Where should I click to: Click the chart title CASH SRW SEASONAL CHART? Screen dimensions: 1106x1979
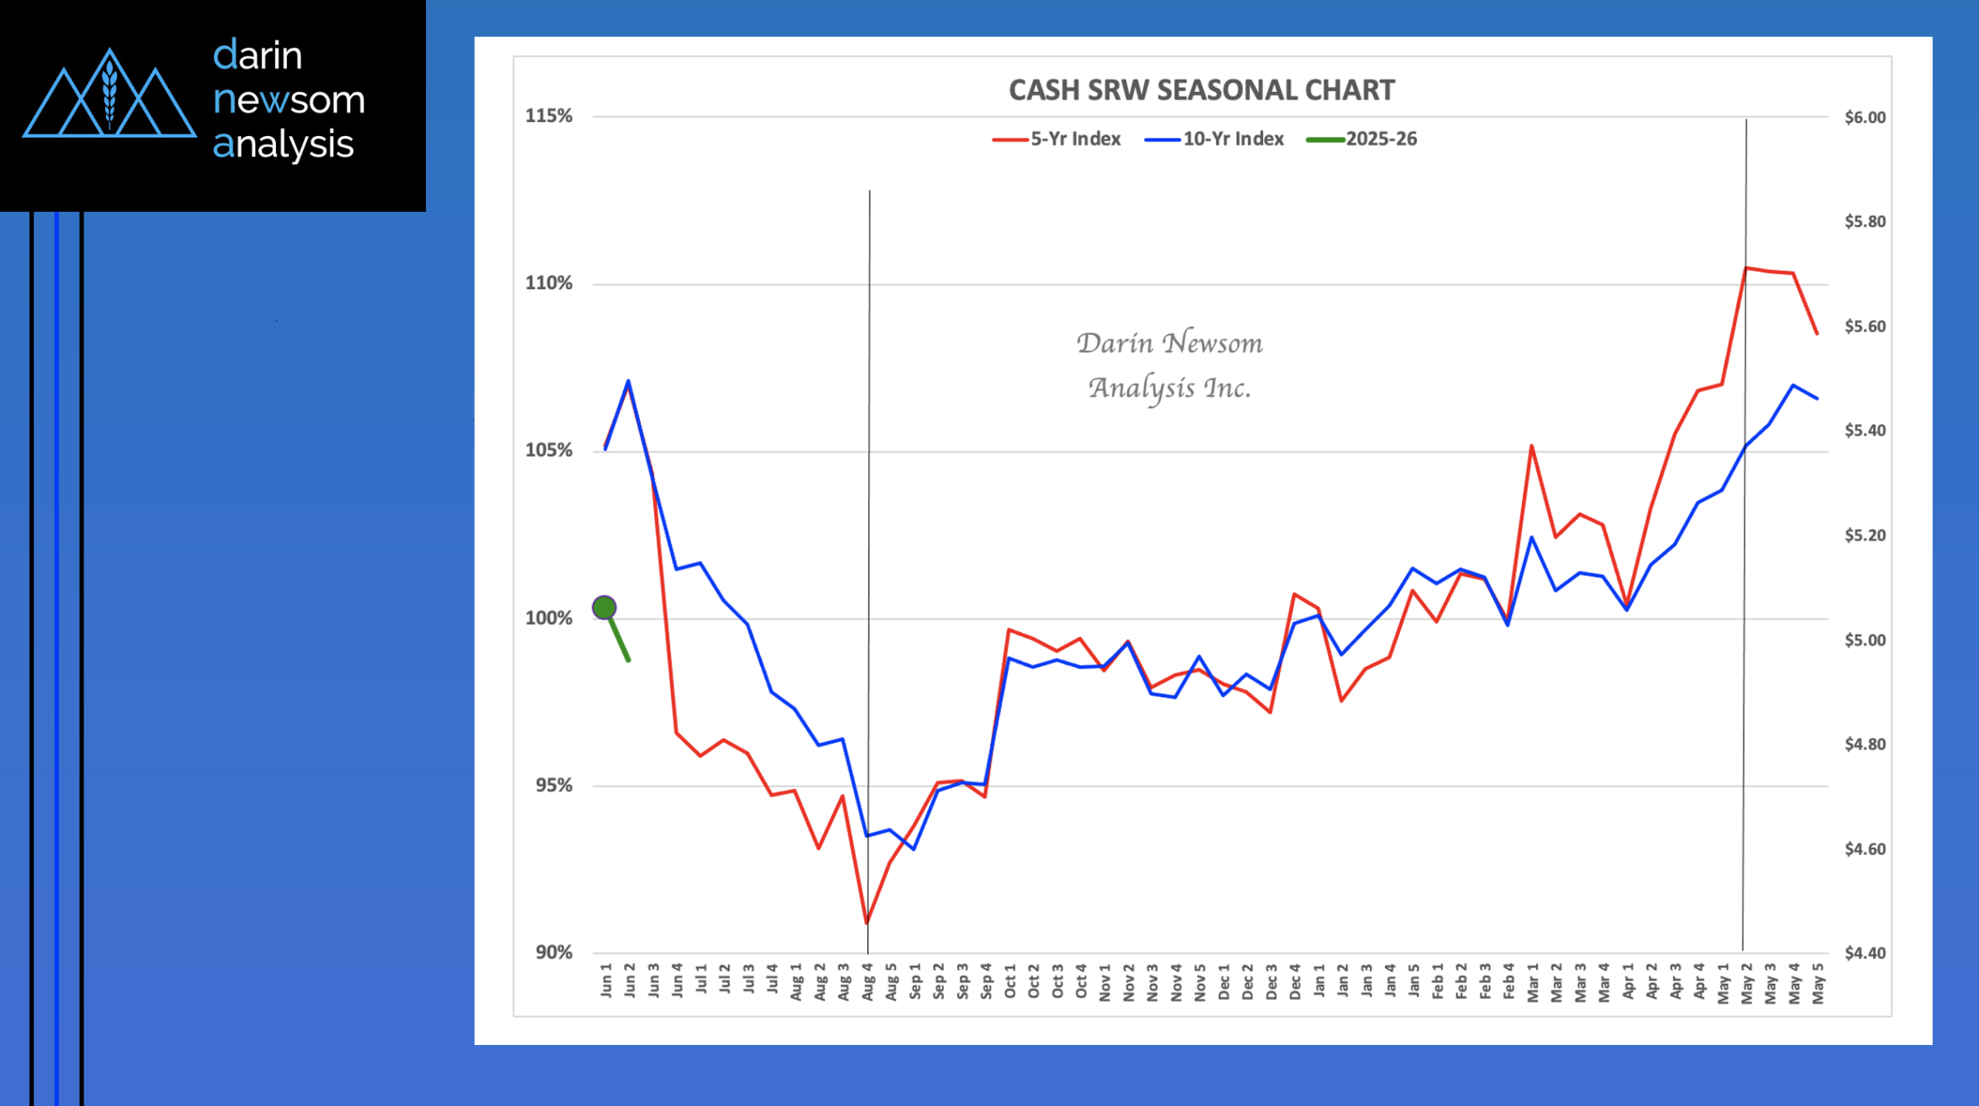[x=1201, y=90]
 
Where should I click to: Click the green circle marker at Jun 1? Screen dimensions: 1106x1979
[x=604, y=607]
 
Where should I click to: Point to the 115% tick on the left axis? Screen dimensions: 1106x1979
[x=549, y=116]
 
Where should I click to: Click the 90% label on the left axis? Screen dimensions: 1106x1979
[x=554, y=952]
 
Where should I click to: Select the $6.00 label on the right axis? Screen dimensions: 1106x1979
[x=1865, y=117]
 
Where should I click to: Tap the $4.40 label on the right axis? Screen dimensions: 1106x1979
[x=1865, y=953]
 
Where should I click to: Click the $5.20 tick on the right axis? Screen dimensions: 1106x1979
[x=1865, y=535]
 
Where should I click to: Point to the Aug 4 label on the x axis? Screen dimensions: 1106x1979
[x=868, y=982]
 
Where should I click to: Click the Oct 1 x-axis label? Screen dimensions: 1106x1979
[x=1010, y=982]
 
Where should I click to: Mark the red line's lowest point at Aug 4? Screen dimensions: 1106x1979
[x=867, y=923]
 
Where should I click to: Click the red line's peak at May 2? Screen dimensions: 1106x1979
[x=1746, y=268]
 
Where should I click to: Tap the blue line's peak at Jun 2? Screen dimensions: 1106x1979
[x=628, y=381]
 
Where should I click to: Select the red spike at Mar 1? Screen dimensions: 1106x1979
[x=1531, y=446]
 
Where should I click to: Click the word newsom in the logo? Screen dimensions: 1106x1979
[x=288, y=100]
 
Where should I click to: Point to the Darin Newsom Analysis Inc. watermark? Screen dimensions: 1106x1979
[x=1170, y=365]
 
